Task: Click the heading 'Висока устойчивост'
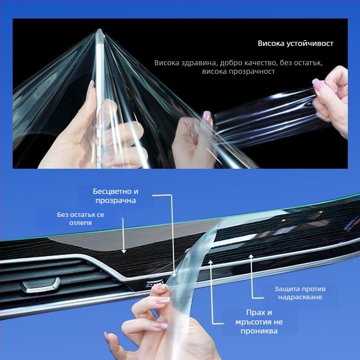pyautogui.click(x=295, y=43)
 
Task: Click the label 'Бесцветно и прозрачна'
pyautogui.click(x=116, y=196)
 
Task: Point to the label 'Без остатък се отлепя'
pyautogui.click(x=81, y=219)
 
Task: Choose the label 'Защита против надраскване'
pyautogui.click(x=300, y=293)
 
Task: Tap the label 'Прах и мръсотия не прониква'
pyautogui.click(x=259, y=322)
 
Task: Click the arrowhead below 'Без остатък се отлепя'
pyautogui.click(x=124, y=252)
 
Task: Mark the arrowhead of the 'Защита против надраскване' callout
pyautogui.click(x=251, y=256)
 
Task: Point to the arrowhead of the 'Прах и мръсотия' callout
pyautogui.click(x=211, y=262)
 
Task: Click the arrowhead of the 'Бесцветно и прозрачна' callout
pyautogui.click(x=174, y=275)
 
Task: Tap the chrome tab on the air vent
pyautogui.click(x=41, y=286)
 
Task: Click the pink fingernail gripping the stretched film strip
pyautogui.click(x=207, y=117)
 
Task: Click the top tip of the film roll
pyautogui.click(x=99, y=29)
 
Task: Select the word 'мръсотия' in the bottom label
pyautogui.click(x=254, y=322)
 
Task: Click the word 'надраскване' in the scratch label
pyautogui.click(x=300, y=297)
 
